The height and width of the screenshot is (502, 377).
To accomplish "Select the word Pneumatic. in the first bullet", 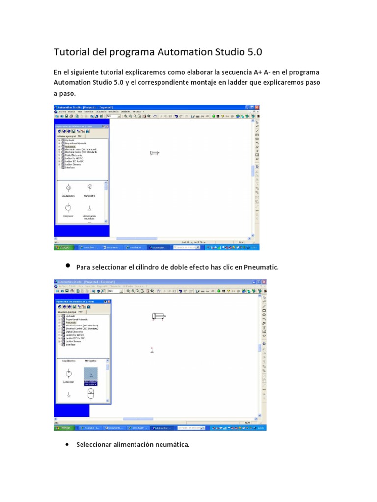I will (261, 267).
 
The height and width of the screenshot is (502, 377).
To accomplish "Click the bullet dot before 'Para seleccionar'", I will (67, 265).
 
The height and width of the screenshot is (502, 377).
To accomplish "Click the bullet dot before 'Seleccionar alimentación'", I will (67, 445).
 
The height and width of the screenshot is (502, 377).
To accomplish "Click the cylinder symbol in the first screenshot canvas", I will (155, 153).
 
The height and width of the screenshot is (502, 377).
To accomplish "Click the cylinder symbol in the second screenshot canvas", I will (160, 316).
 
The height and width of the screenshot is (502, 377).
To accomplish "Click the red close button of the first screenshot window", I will (257, 107).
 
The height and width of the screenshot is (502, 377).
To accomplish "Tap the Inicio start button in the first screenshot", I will (64, 248).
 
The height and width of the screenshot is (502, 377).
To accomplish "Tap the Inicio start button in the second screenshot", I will (64, 427).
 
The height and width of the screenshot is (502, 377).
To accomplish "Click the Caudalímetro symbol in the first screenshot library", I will (68, 188).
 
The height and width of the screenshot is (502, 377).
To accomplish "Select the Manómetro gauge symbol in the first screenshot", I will (89, 187).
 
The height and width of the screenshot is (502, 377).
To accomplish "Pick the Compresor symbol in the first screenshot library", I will (68, 207).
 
